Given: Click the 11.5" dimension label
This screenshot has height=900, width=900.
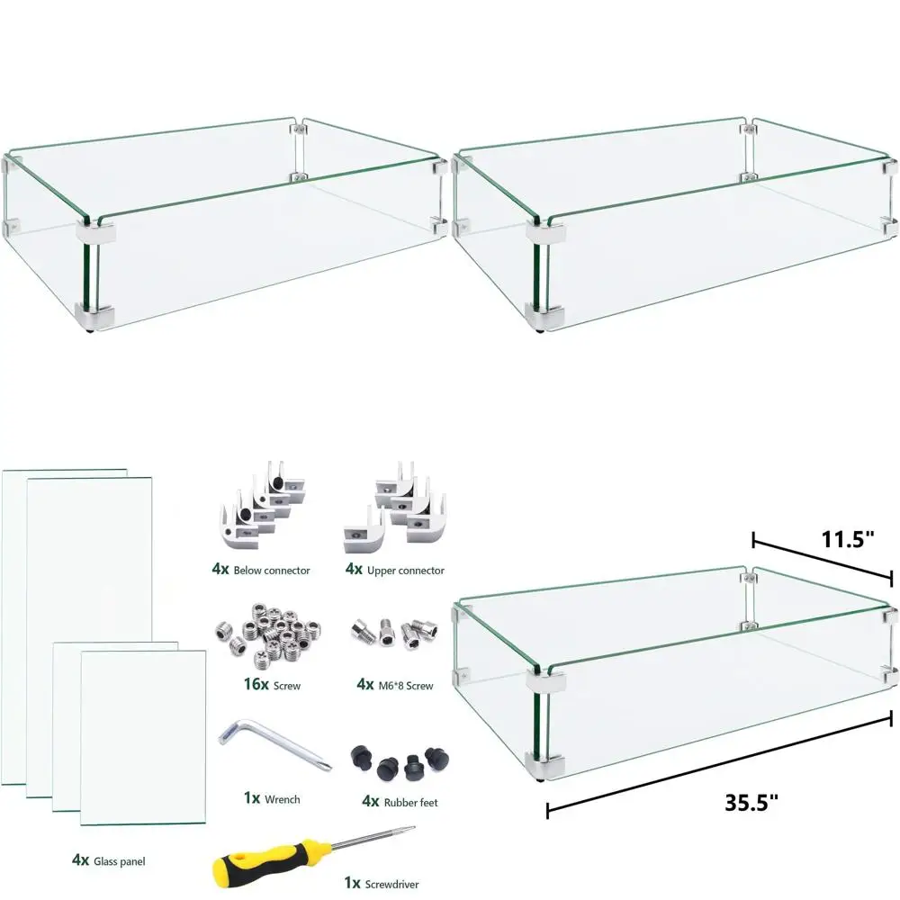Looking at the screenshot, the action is pyautogui.click(x=848, y=539).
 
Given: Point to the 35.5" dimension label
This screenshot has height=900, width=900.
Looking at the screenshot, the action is pyautogui.click(x=751, y=803).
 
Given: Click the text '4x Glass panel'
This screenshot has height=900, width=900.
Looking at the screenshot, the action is pyautogui.click(x=109, y=860).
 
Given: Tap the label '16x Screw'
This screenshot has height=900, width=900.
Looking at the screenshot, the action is pyautogui.click(x=272, y=684).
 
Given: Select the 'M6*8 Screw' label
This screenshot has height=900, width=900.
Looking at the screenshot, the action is pyautogui.click(x=406, y=685).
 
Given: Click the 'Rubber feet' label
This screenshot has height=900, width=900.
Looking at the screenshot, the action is pyautogui.click(x=411, y=803).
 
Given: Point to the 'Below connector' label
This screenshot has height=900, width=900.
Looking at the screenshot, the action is pyautogui.click(x=272, y=571).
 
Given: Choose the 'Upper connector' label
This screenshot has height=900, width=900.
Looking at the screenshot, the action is pyautogui.click(x=406, y=571).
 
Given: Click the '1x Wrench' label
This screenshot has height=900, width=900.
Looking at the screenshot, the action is pyautogui.click(x=272, y=798).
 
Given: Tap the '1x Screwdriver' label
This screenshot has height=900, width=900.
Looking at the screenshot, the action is pyautogui.click(x=382, y=884).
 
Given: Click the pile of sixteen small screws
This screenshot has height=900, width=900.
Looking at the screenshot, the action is pyautogui.click(x=268, y=635).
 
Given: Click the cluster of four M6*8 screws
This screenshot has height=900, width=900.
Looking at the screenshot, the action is pyautogui.click(x=395, y=634).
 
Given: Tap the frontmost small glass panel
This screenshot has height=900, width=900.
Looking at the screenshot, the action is pyautogui.click(x=143, y=738).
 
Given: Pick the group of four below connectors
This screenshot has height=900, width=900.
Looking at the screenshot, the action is pyautogui.click(x=263, y=505).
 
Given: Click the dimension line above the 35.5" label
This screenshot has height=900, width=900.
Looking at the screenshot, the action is pyautogui.click(x=719, y=761).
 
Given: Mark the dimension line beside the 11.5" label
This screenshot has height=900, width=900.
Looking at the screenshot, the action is pyautogui.click(x=823, y=560).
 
